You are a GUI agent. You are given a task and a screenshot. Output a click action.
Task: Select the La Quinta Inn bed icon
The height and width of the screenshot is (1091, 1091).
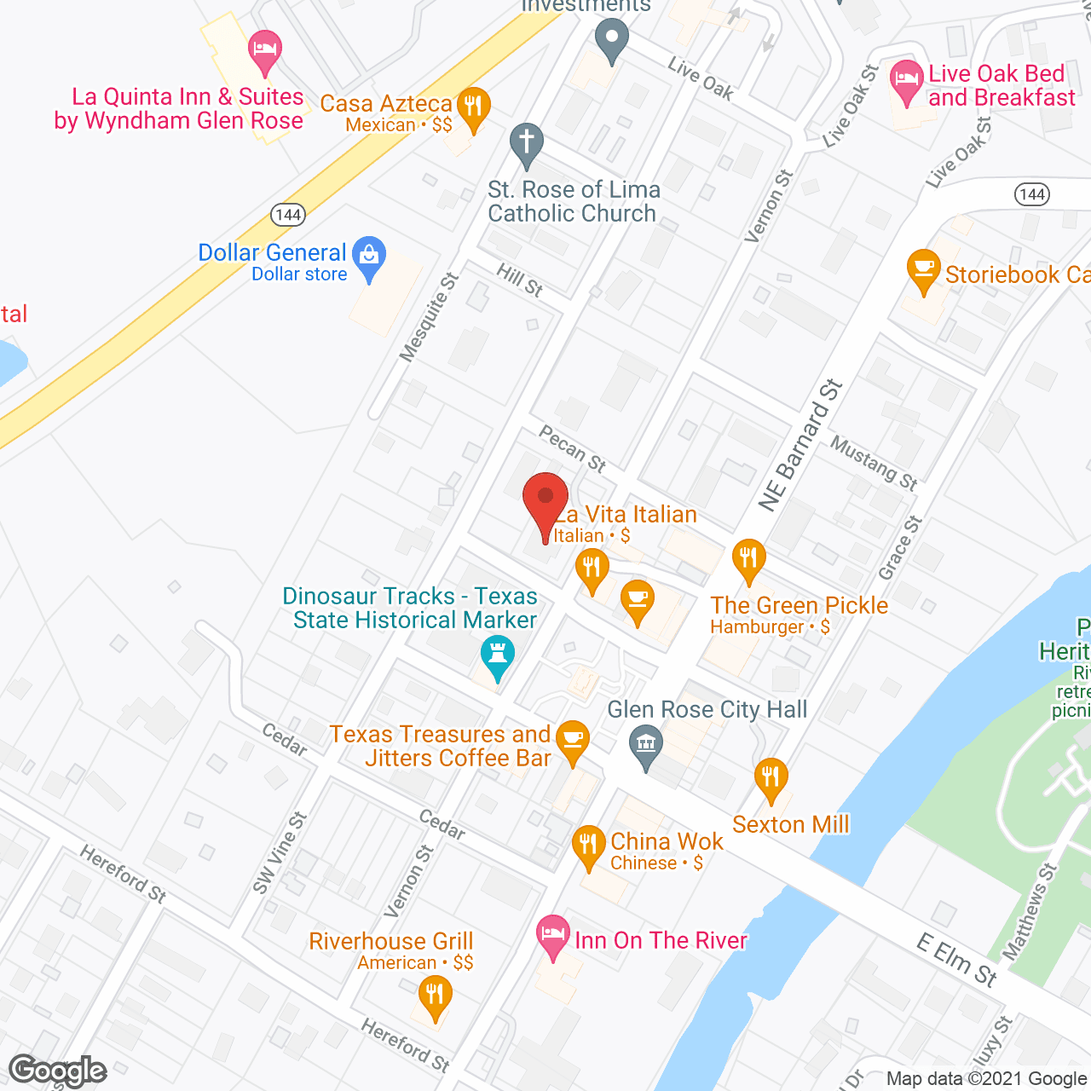click(x=265, y=50)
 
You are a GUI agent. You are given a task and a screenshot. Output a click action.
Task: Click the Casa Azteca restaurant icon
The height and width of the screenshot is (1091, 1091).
click(x=473, y=108)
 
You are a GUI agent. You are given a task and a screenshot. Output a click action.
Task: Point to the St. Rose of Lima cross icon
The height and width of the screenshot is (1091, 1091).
click(x=527, y=142)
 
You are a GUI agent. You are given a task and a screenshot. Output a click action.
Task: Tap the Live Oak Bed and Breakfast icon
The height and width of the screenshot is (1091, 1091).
click(x=906, y=81)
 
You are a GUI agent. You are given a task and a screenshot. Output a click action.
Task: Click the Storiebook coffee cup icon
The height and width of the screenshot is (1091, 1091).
click(x=923, y=268)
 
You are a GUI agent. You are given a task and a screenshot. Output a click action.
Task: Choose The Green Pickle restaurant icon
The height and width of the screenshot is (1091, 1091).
click(x=748, y=559)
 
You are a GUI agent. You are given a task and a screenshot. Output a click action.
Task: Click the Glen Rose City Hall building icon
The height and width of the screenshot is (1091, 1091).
click(x=646, y=745)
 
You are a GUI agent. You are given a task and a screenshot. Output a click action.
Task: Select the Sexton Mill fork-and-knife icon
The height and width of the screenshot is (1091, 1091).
click(x=771, y=777)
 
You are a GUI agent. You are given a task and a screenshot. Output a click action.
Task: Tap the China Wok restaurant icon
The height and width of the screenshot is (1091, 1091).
click(x=589, y=846)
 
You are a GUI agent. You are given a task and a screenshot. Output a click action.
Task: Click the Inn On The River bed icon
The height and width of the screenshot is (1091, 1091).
click(x=553, y=935)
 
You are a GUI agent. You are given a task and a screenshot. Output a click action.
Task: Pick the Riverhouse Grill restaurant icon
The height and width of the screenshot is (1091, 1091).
click(x=435, y=995)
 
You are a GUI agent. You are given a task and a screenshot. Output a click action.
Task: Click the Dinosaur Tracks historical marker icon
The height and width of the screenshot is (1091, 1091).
click(x=497, y=655)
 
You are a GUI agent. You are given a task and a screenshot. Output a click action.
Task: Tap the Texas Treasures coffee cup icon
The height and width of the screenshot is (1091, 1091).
click(x=572, y=738)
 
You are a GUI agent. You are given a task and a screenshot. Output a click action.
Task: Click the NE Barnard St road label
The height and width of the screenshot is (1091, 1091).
click(x=800, y=446)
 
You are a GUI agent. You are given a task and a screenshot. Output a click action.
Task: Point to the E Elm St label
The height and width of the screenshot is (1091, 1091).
click(x=957, y=960)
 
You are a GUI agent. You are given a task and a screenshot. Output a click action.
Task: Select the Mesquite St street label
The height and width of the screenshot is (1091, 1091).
click(x=430, y=317)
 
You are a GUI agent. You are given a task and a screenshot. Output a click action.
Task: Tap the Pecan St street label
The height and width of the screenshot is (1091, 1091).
click(x=572, y=449)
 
